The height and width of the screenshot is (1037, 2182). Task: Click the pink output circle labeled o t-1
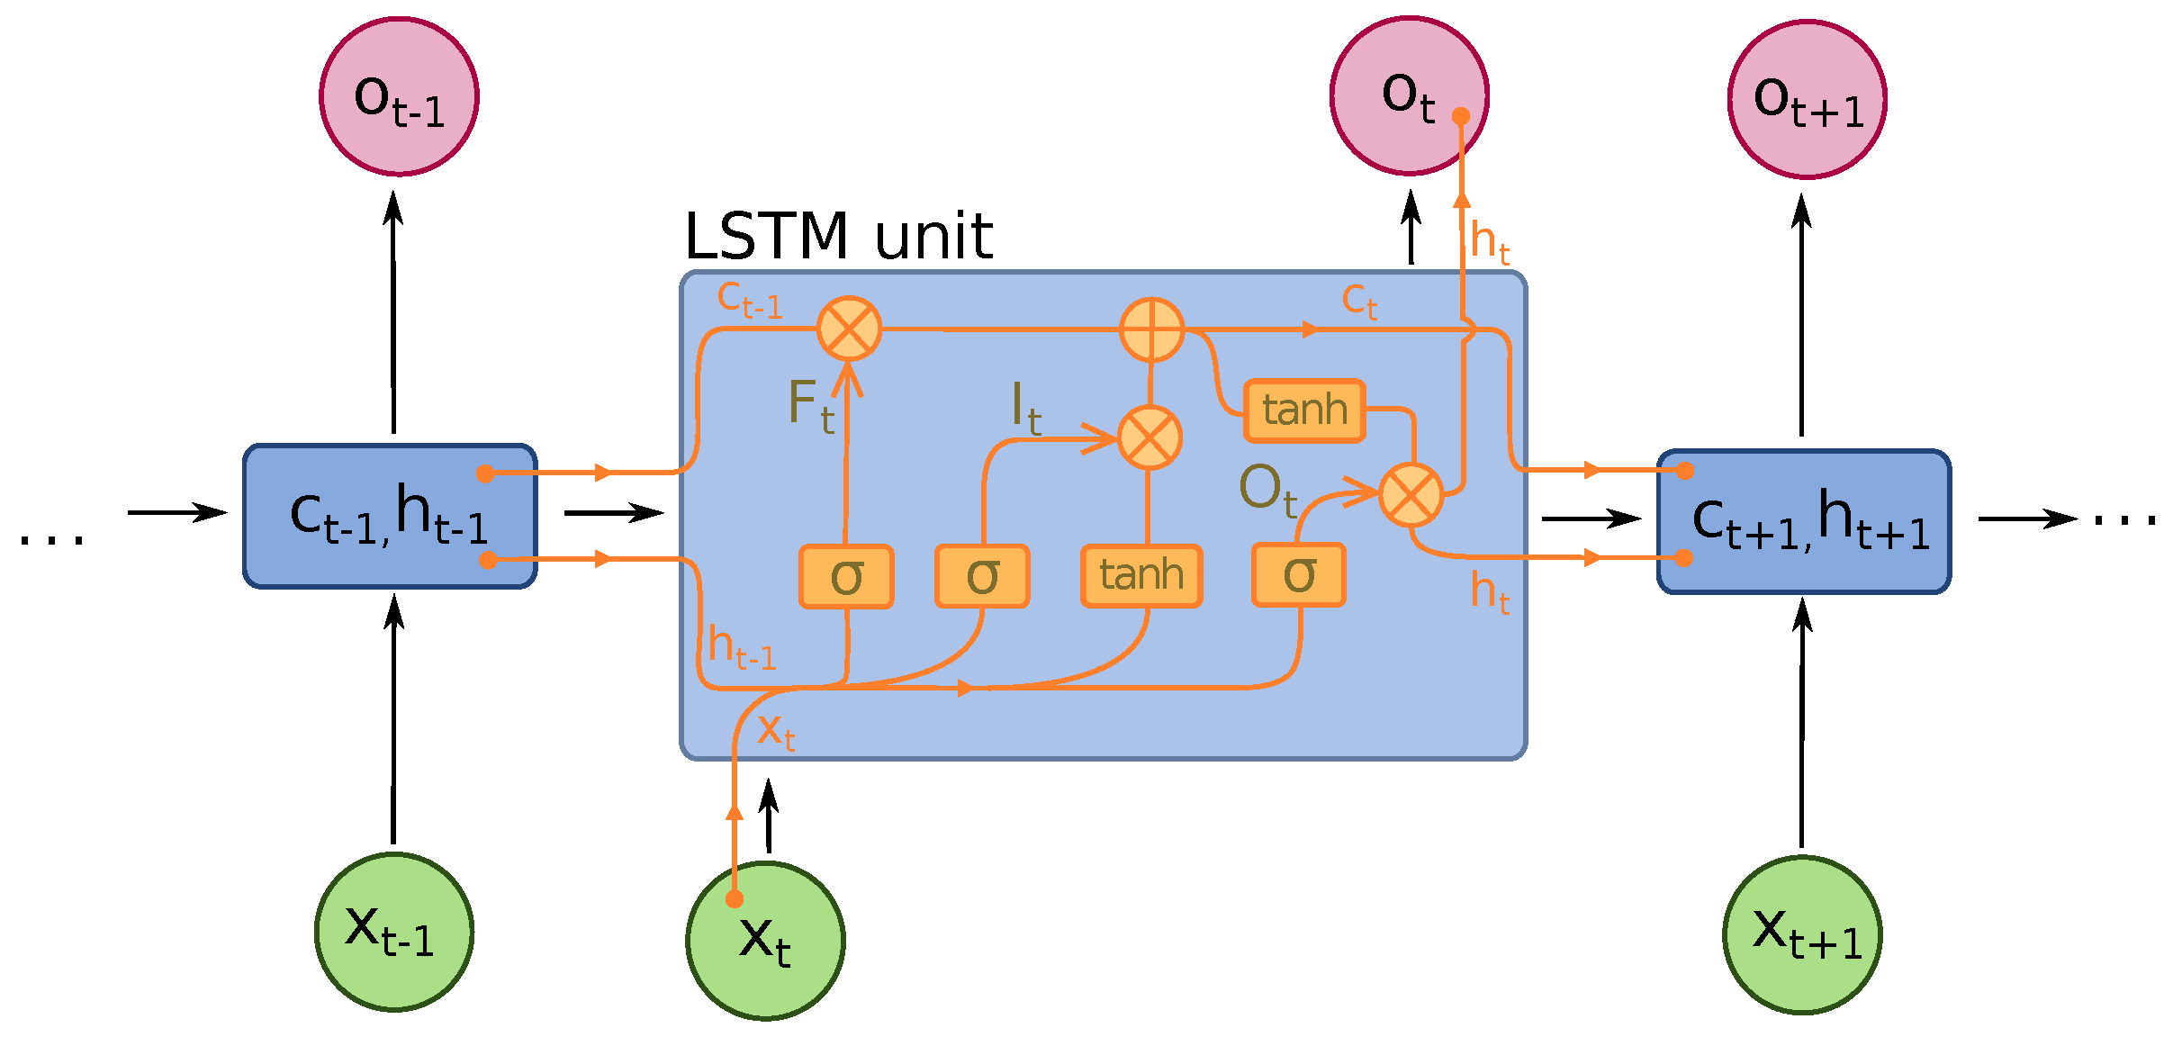click(x=399, y=96)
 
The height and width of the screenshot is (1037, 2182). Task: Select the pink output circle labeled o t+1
click(x=1807, y=99)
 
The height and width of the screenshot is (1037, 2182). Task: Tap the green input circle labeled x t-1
click(x=394, y=932)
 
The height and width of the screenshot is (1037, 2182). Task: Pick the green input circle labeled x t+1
click(x=1802, y=934)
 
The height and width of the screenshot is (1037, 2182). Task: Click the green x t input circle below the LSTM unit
click(x=765, y=941)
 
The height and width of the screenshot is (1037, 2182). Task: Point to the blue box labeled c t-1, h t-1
click(x=390, y=517)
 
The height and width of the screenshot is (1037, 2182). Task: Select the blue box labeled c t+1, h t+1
click(x=1804, y=522)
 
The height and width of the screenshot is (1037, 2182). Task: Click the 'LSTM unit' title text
click(x=838, y=237)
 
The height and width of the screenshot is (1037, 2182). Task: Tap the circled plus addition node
click(x=1151, y=329)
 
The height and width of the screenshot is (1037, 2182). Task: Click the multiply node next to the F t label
click(x=849, y=329)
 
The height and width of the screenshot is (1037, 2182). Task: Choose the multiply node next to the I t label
click(x=1150, y=437)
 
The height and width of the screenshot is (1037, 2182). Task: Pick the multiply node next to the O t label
click(x=1411, y=494)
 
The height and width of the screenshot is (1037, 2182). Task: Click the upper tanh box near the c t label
click(x=1304, y=410)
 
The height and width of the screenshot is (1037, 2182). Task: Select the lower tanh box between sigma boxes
click(x=1141, y=575)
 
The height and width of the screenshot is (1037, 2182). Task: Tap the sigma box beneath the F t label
click(x=846, y=576)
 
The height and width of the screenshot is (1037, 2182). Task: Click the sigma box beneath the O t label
click(x=1298, y=574)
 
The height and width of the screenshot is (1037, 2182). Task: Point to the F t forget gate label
click(x=810, y=405)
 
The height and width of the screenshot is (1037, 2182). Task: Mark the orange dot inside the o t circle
click(x=1461, y=116)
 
